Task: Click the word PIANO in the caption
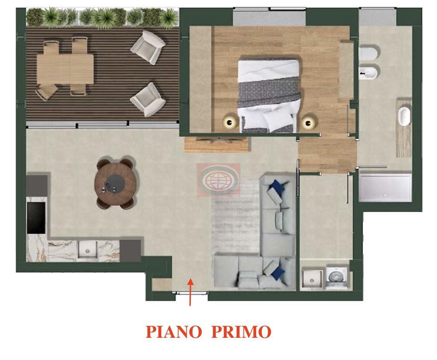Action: click(x=174, y=331)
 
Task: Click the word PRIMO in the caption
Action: click(x=242, y=331)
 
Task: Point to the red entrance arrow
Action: click(x=190, y=292)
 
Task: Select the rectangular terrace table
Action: click(x=65, y=69)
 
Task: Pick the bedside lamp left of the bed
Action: click(x=230, y=122)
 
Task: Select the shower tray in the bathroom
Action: click(x=385, y=187)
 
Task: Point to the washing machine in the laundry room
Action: click(x=336, y=278)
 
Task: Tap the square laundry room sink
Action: click(x=312, y=278)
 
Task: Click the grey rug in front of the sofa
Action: click(x=236, y=218)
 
